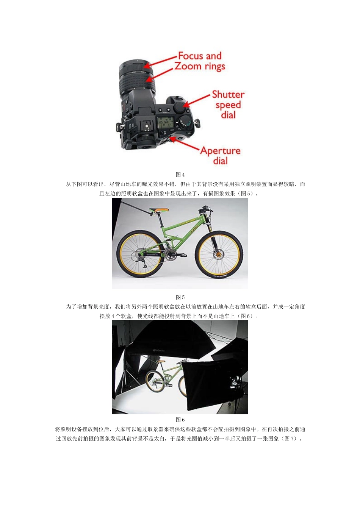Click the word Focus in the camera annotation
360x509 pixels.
click(x=193, y=56)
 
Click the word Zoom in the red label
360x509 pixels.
click(x=188, y=66)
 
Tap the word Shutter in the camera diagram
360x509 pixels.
click(x=228, y=95)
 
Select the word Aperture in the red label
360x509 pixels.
click(x=220, y=151)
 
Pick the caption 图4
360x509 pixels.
click(x=180, y=175)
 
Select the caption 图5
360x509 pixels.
click(x=180, y=297)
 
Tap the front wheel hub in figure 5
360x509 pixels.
click(x=219, y=254)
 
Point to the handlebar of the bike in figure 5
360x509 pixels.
click(x=206, y=208)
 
